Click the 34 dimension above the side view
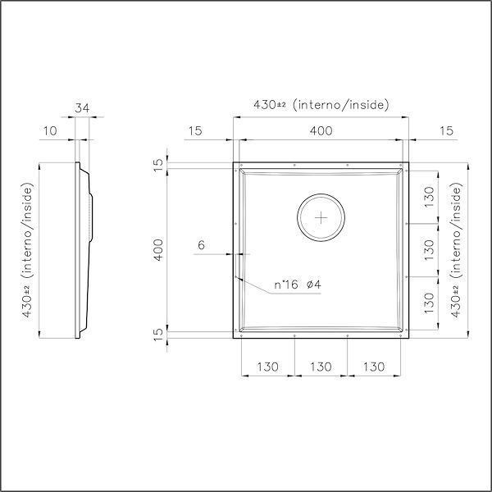(x=81, y=106)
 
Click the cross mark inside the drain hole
(x=321, y=217)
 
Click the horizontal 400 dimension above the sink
(x=321, y=130)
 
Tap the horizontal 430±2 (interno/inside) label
(x=321, y=105)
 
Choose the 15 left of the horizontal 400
(x=195, y=130)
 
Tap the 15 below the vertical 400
(x=160, y=334)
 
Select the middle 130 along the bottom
(x=321, y=367)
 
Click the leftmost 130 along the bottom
(x=267, y=367)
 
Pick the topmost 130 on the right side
(x=429, y=197)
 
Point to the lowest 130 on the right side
(x=429, y=303)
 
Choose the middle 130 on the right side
(x=429, y=250)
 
